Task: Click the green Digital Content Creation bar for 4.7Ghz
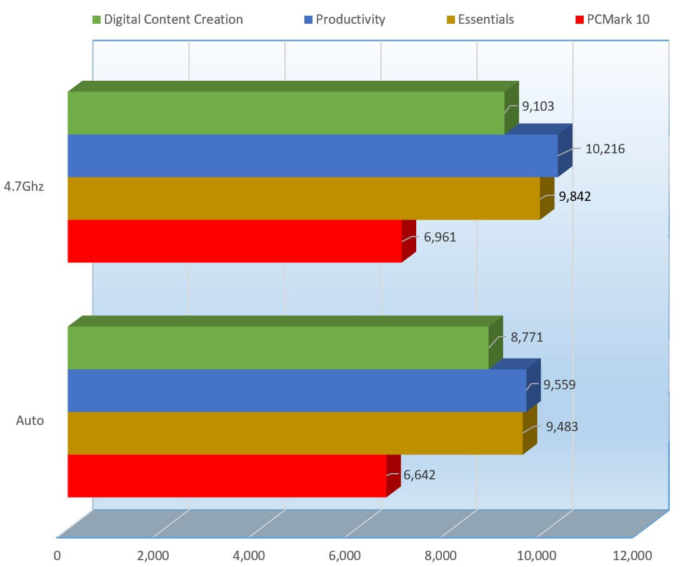286,113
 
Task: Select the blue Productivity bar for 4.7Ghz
312,155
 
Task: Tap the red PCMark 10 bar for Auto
227,476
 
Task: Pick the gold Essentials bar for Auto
295,433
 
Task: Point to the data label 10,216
605,149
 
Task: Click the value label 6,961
440,238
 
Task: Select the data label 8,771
527,337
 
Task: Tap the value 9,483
562,427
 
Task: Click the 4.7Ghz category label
24,186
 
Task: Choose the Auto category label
30,421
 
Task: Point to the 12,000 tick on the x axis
632,555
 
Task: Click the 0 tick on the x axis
57,555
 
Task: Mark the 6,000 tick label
345,555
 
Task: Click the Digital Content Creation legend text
173,19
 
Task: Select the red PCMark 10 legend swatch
578,20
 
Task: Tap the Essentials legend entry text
486,19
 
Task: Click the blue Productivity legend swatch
307,20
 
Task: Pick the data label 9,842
575,197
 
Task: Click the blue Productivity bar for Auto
297,391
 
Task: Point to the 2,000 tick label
153,555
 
